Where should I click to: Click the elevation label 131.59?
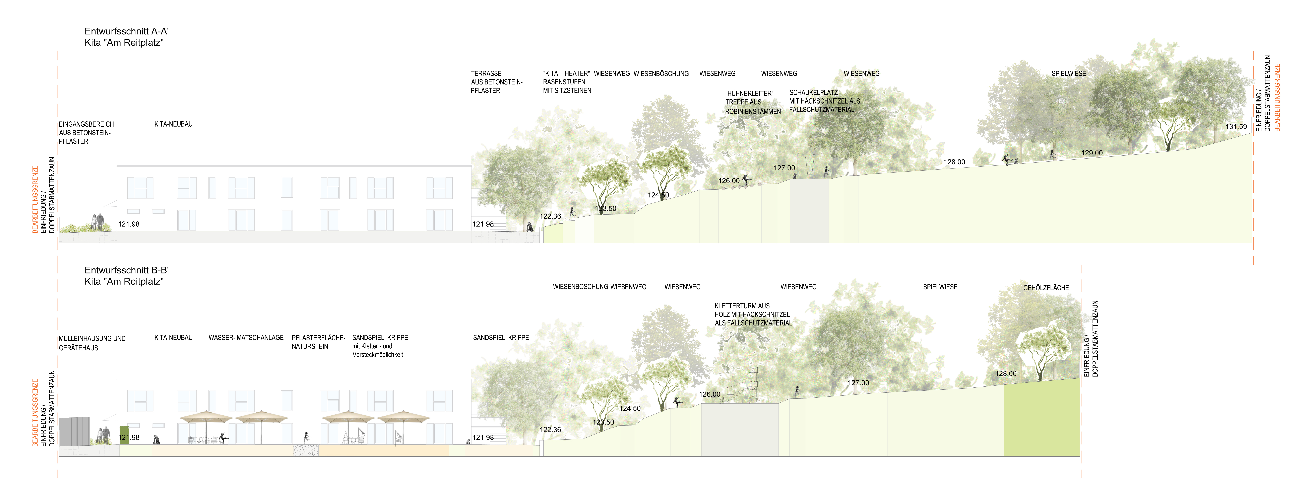click(x=1236, y=127)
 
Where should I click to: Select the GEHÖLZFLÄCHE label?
click(x=1046, y=288)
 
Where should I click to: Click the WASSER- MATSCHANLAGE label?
click(x=246, y=338)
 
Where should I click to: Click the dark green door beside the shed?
click(x=124, y=435)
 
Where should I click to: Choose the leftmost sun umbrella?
click(x=206, y=417)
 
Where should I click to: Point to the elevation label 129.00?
click(x=1092, y=153)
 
